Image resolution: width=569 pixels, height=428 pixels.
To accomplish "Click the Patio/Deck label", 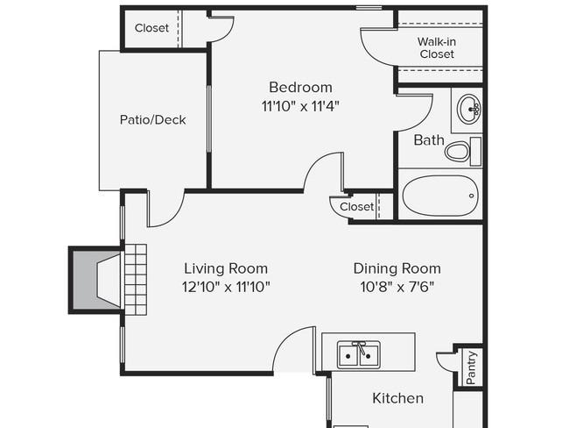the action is coord(153,119).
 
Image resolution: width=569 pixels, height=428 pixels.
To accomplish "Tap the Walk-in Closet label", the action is coord(437,47).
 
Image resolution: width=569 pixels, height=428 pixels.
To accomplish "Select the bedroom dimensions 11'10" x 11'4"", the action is coord(300,106).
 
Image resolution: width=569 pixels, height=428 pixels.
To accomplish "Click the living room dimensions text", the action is coord(226,288).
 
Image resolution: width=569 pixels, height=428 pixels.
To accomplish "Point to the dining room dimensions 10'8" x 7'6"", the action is coord(397,288).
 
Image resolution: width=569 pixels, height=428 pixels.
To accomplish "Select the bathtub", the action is coord(440,196).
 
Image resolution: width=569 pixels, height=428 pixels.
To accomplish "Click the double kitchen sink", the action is coord(359,354).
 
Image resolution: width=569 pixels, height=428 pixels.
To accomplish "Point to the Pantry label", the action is coord(471,367).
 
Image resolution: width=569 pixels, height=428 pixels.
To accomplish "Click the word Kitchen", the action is coord(397,398).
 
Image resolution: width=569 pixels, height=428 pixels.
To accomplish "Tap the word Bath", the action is coord(429,140).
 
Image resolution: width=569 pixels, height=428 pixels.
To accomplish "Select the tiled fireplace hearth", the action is coord(136,280).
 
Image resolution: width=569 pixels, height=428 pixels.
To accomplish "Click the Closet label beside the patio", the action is coord(151,28).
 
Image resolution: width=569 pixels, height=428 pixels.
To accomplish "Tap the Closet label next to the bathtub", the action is coord(356,207).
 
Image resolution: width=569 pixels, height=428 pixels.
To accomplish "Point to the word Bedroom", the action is coord(300,88).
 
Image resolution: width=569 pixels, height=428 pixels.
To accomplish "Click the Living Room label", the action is coord(226,268).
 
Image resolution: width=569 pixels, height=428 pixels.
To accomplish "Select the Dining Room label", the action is coord(397,268).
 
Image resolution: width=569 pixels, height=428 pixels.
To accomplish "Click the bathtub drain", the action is coord(471,196).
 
